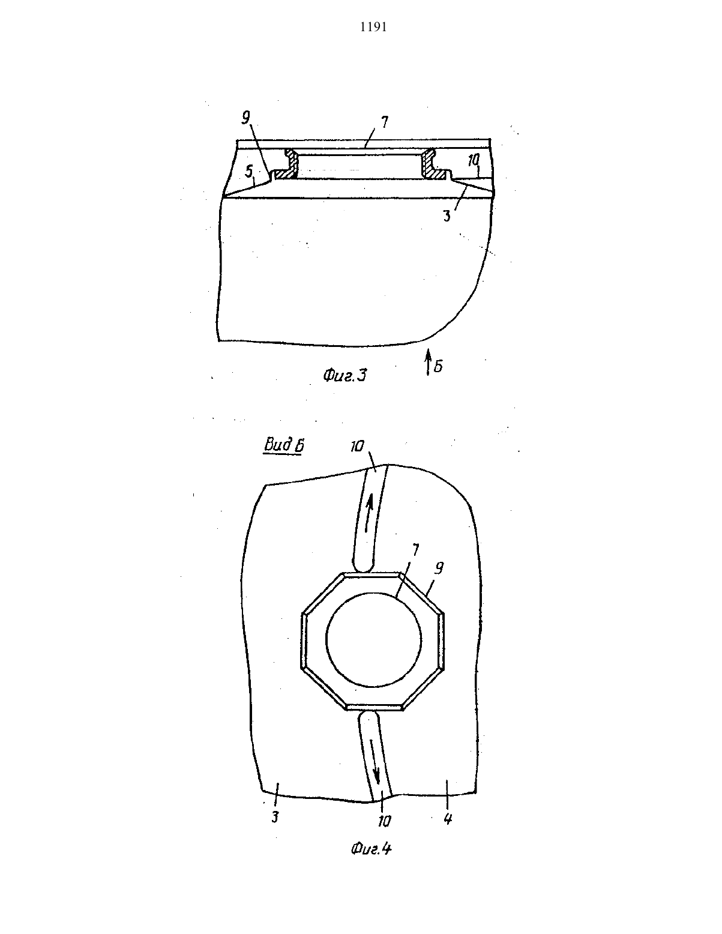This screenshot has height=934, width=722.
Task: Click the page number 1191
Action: click(x=373, y=28)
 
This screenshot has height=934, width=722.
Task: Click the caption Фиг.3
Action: click(x=344, y=376)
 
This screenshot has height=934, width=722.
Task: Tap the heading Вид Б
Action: click(x=284, y=445)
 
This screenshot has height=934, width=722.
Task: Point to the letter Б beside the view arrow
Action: click(x=438, y=366)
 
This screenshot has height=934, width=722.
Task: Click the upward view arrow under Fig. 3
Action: click(x=427, y=363)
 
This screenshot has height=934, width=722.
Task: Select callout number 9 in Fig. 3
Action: click(x=246, y=117)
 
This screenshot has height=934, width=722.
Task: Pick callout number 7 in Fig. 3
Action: click(x=384, y=122)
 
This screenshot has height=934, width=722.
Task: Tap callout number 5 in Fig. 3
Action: click(x=249, y=172)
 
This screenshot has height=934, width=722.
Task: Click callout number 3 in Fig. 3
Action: click(x=447, y=215)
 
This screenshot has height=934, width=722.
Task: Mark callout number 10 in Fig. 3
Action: click(x=473, y=161)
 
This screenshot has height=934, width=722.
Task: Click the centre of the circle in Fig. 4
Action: click(x=374, y=639)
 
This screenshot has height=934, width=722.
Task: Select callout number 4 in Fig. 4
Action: click(x=448, y=819)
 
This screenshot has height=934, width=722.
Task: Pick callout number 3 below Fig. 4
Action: click(x=275, y=816)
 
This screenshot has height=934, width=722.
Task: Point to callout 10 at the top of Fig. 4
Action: click(x=356, y=447)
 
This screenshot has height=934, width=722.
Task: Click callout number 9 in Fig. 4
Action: click(x=439, y=568)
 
